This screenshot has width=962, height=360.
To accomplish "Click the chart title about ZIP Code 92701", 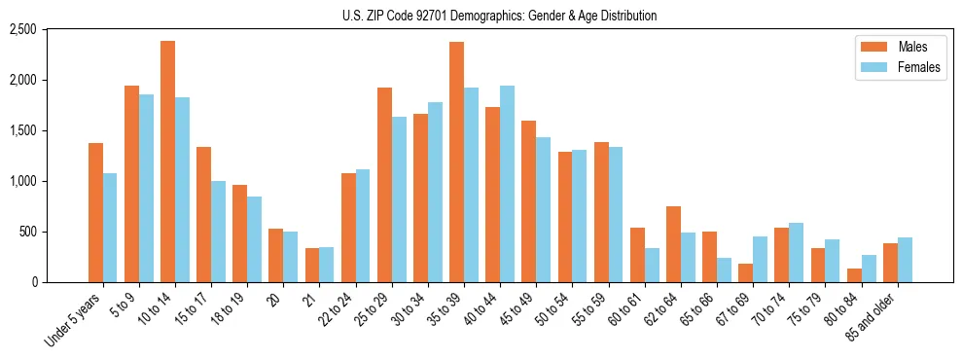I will [499, 16].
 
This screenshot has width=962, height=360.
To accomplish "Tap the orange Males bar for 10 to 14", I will [167, 162].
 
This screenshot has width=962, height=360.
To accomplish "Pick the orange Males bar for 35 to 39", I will [456, 162].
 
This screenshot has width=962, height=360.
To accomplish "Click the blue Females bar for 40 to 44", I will [507, 184].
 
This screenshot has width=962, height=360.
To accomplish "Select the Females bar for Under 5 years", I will [110, 228].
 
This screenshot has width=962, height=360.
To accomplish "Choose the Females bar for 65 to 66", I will [724, 270].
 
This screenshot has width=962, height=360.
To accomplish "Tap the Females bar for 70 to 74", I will [796, 252].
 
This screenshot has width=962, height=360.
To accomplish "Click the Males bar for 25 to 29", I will [384, 185].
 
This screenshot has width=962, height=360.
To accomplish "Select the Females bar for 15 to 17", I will [218, 232].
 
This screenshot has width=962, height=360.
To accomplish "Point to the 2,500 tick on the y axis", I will [49, 29].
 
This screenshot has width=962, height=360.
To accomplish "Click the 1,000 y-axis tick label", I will [49, 181].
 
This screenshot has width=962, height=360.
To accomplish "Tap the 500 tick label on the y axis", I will [54, 232].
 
